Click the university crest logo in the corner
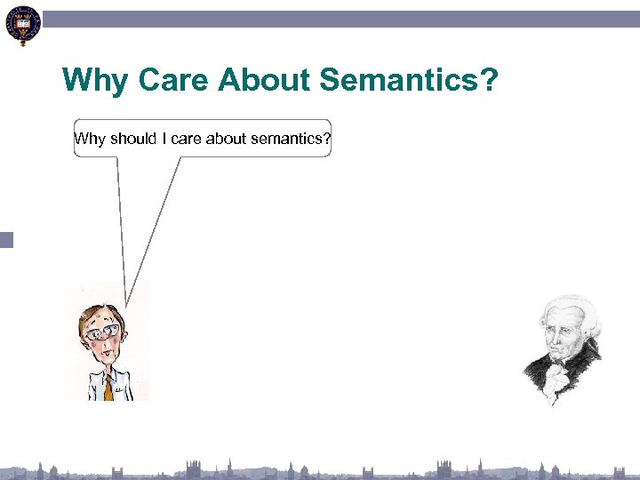[22, 26]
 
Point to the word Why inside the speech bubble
[91, 138]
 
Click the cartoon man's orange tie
[108, 388]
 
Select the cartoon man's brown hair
[93, 311]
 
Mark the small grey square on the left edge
[7, 239]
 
